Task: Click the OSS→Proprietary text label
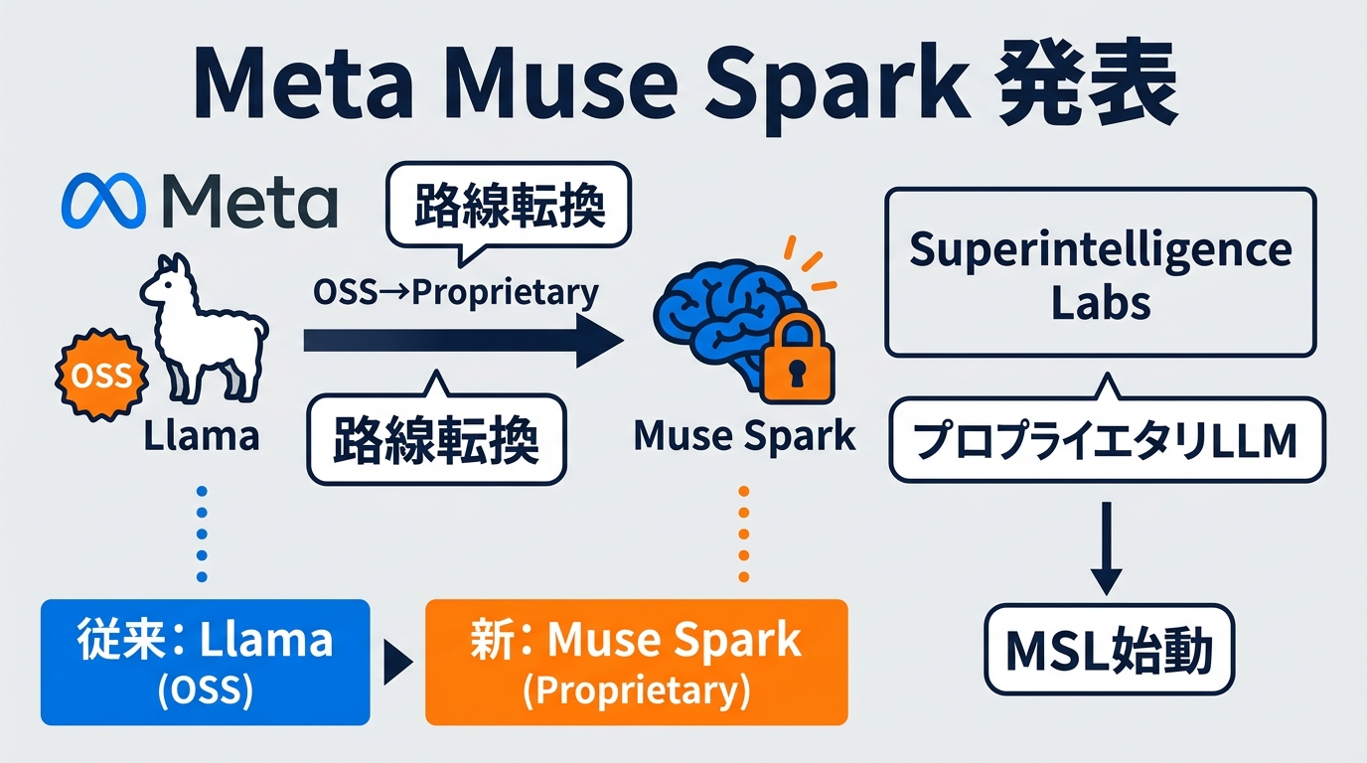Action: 456,292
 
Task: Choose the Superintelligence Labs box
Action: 1100,272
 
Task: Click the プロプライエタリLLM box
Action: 1106,441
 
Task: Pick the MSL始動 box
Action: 1108,653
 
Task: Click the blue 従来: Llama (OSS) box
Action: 205,662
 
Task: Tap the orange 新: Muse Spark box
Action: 636,662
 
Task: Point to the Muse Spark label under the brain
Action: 743,436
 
